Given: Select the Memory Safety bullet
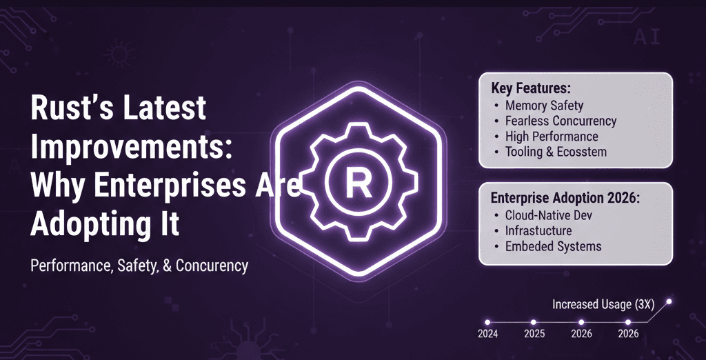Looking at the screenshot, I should pos(544,106).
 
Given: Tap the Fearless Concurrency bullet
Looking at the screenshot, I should pos(561,121).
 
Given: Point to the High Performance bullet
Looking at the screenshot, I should pos(552,136).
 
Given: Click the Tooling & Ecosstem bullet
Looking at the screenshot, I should pos(556,151).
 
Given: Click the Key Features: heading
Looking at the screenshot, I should pos(530,89).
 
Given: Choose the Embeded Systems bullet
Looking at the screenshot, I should pos(553,246).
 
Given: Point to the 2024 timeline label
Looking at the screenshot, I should pos(488,334).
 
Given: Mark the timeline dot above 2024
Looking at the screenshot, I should pos(488,321).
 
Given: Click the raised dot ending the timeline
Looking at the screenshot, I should pos(668,301).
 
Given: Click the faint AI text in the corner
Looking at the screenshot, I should pos(649,37).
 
